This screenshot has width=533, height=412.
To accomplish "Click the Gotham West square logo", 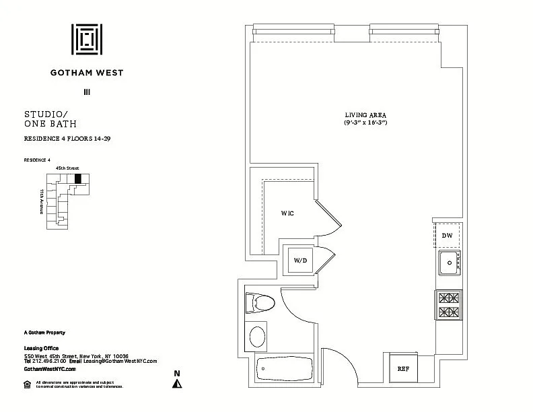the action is [87, 42].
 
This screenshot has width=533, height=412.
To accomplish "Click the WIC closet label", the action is [288, 213].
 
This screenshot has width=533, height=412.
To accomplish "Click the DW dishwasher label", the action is [448, 236].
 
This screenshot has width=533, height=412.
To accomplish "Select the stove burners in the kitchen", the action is [448, 304].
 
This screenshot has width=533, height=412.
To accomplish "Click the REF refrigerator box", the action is [403, 368].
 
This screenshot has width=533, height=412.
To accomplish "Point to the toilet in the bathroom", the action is [260, 304].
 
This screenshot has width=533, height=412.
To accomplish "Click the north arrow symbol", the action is [178, 383].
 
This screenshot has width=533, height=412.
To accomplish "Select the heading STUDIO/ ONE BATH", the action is [50, 119].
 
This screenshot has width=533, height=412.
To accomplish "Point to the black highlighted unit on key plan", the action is [77, 178].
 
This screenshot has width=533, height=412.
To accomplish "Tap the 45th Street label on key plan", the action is [67, 168].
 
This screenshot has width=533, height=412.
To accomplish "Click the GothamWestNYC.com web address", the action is [50, 369].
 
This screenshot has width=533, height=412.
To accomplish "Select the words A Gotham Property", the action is [44, 333].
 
